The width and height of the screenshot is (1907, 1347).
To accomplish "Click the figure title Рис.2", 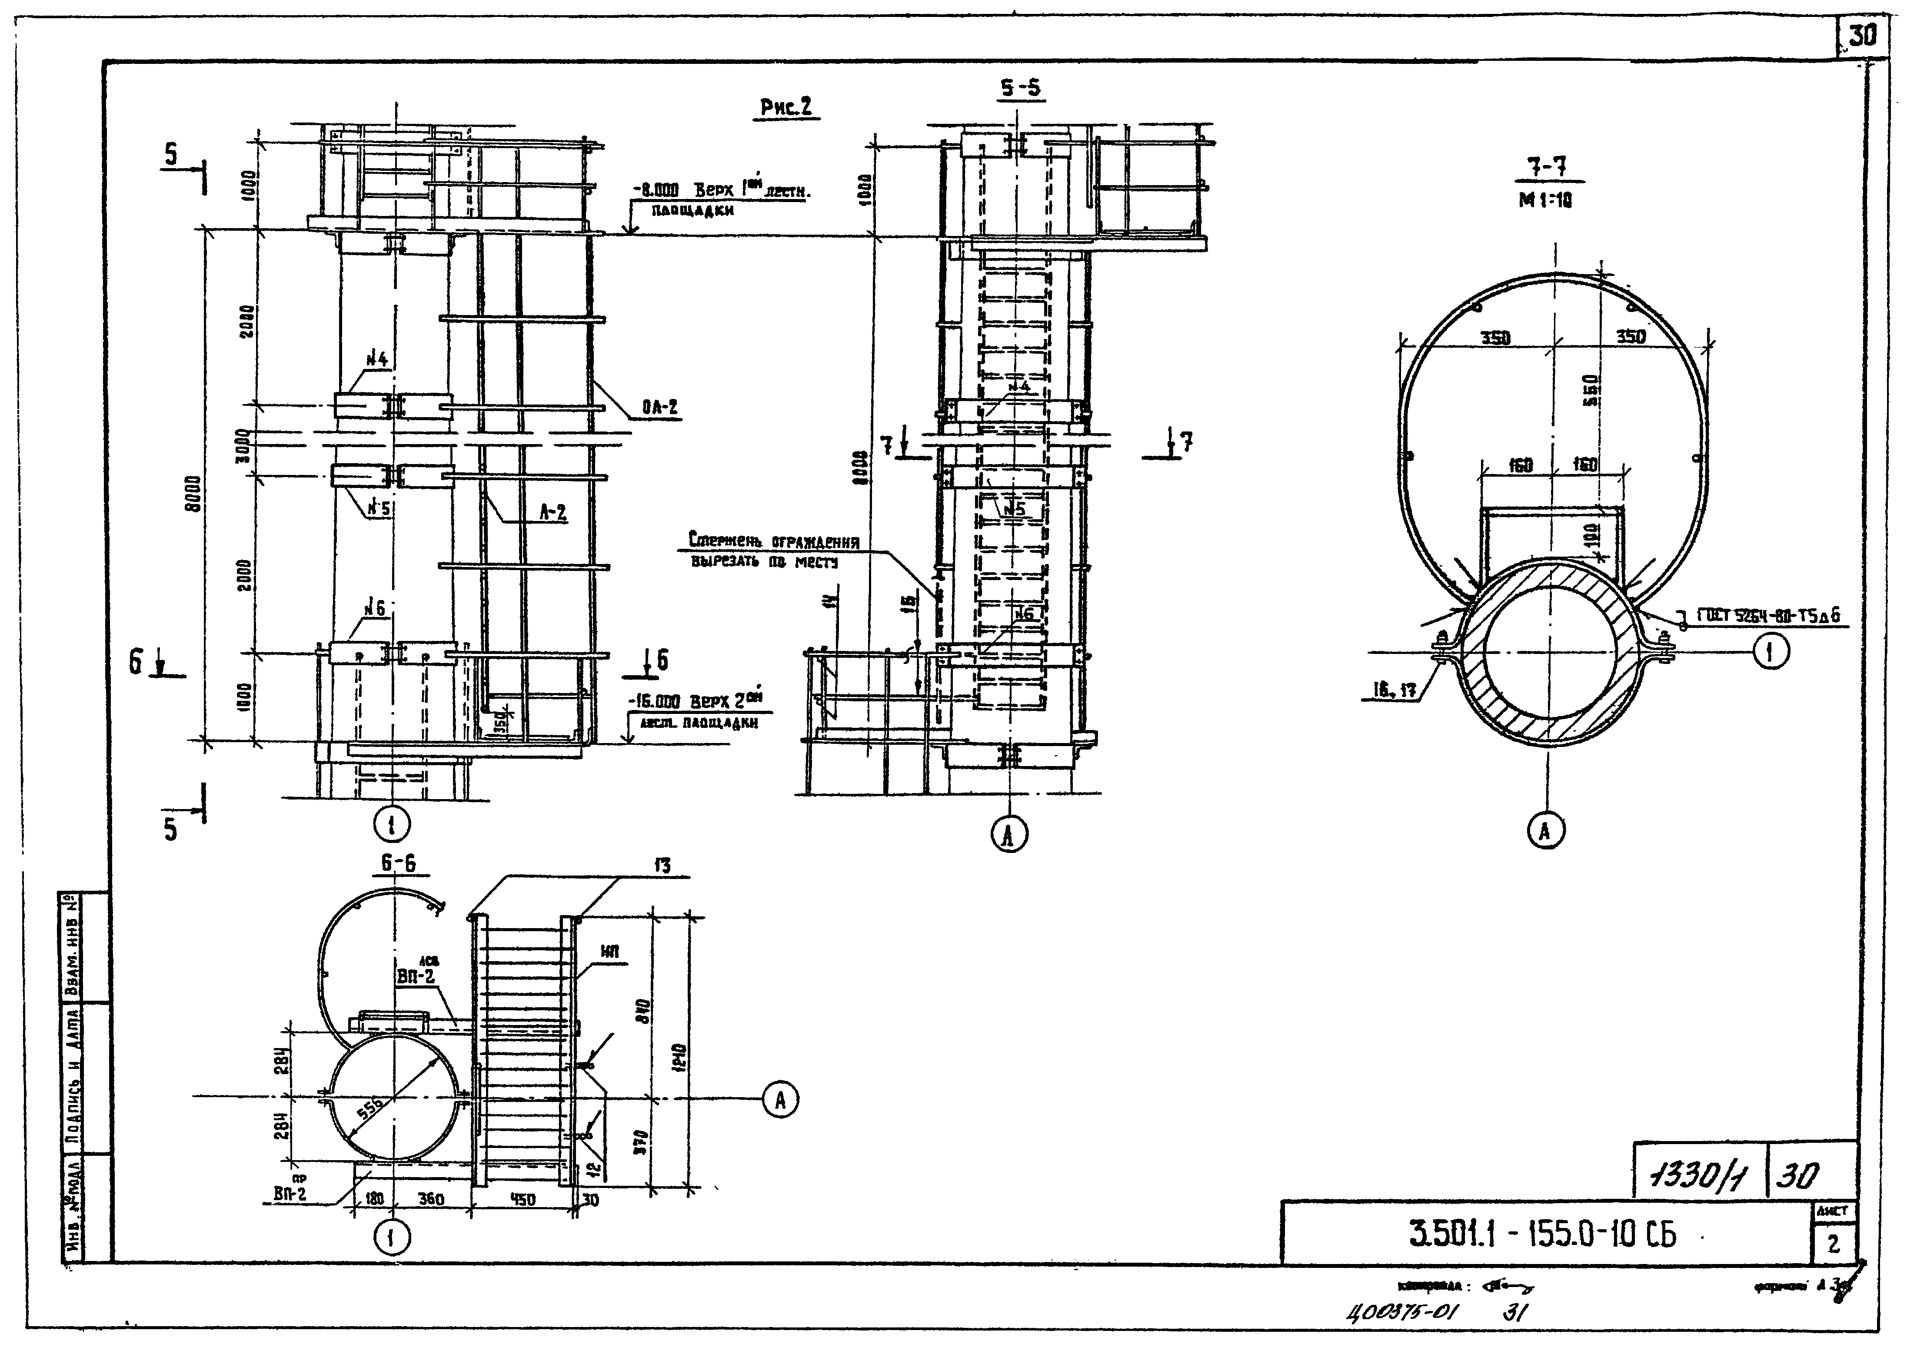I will [785, 108].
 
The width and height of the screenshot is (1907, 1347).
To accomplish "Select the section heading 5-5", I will [1020, 87].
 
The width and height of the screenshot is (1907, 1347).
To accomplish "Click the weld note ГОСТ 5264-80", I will [1765, 615].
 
